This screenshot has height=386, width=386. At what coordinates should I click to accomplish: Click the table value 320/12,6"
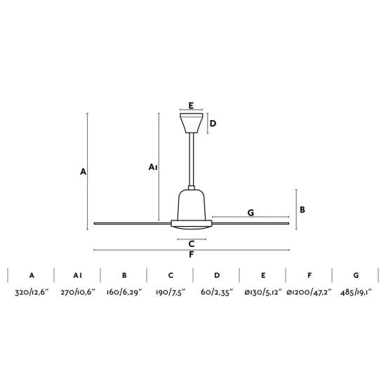(32, 292)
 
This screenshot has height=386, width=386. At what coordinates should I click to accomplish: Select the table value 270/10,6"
(78, 292)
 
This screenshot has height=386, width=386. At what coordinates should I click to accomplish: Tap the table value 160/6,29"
(124, 292)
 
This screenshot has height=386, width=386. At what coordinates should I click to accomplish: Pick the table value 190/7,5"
(171, 292)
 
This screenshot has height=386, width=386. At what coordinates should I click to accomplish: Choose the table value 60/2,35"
(217, 292)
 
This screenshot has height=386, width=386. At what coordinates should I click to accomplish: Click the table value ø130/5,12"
(263, 292)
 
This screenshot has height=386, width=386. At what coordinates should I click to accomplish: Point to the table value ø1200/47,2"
(310, 292)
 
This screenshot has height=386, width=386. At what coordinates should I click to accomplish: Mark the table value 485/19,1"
(356, 292)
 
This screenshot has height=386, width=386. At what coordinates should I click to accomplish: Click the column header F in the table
(310, 275)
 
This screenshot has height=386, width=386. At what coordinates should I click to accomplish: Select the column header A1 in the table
(77, 275)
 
